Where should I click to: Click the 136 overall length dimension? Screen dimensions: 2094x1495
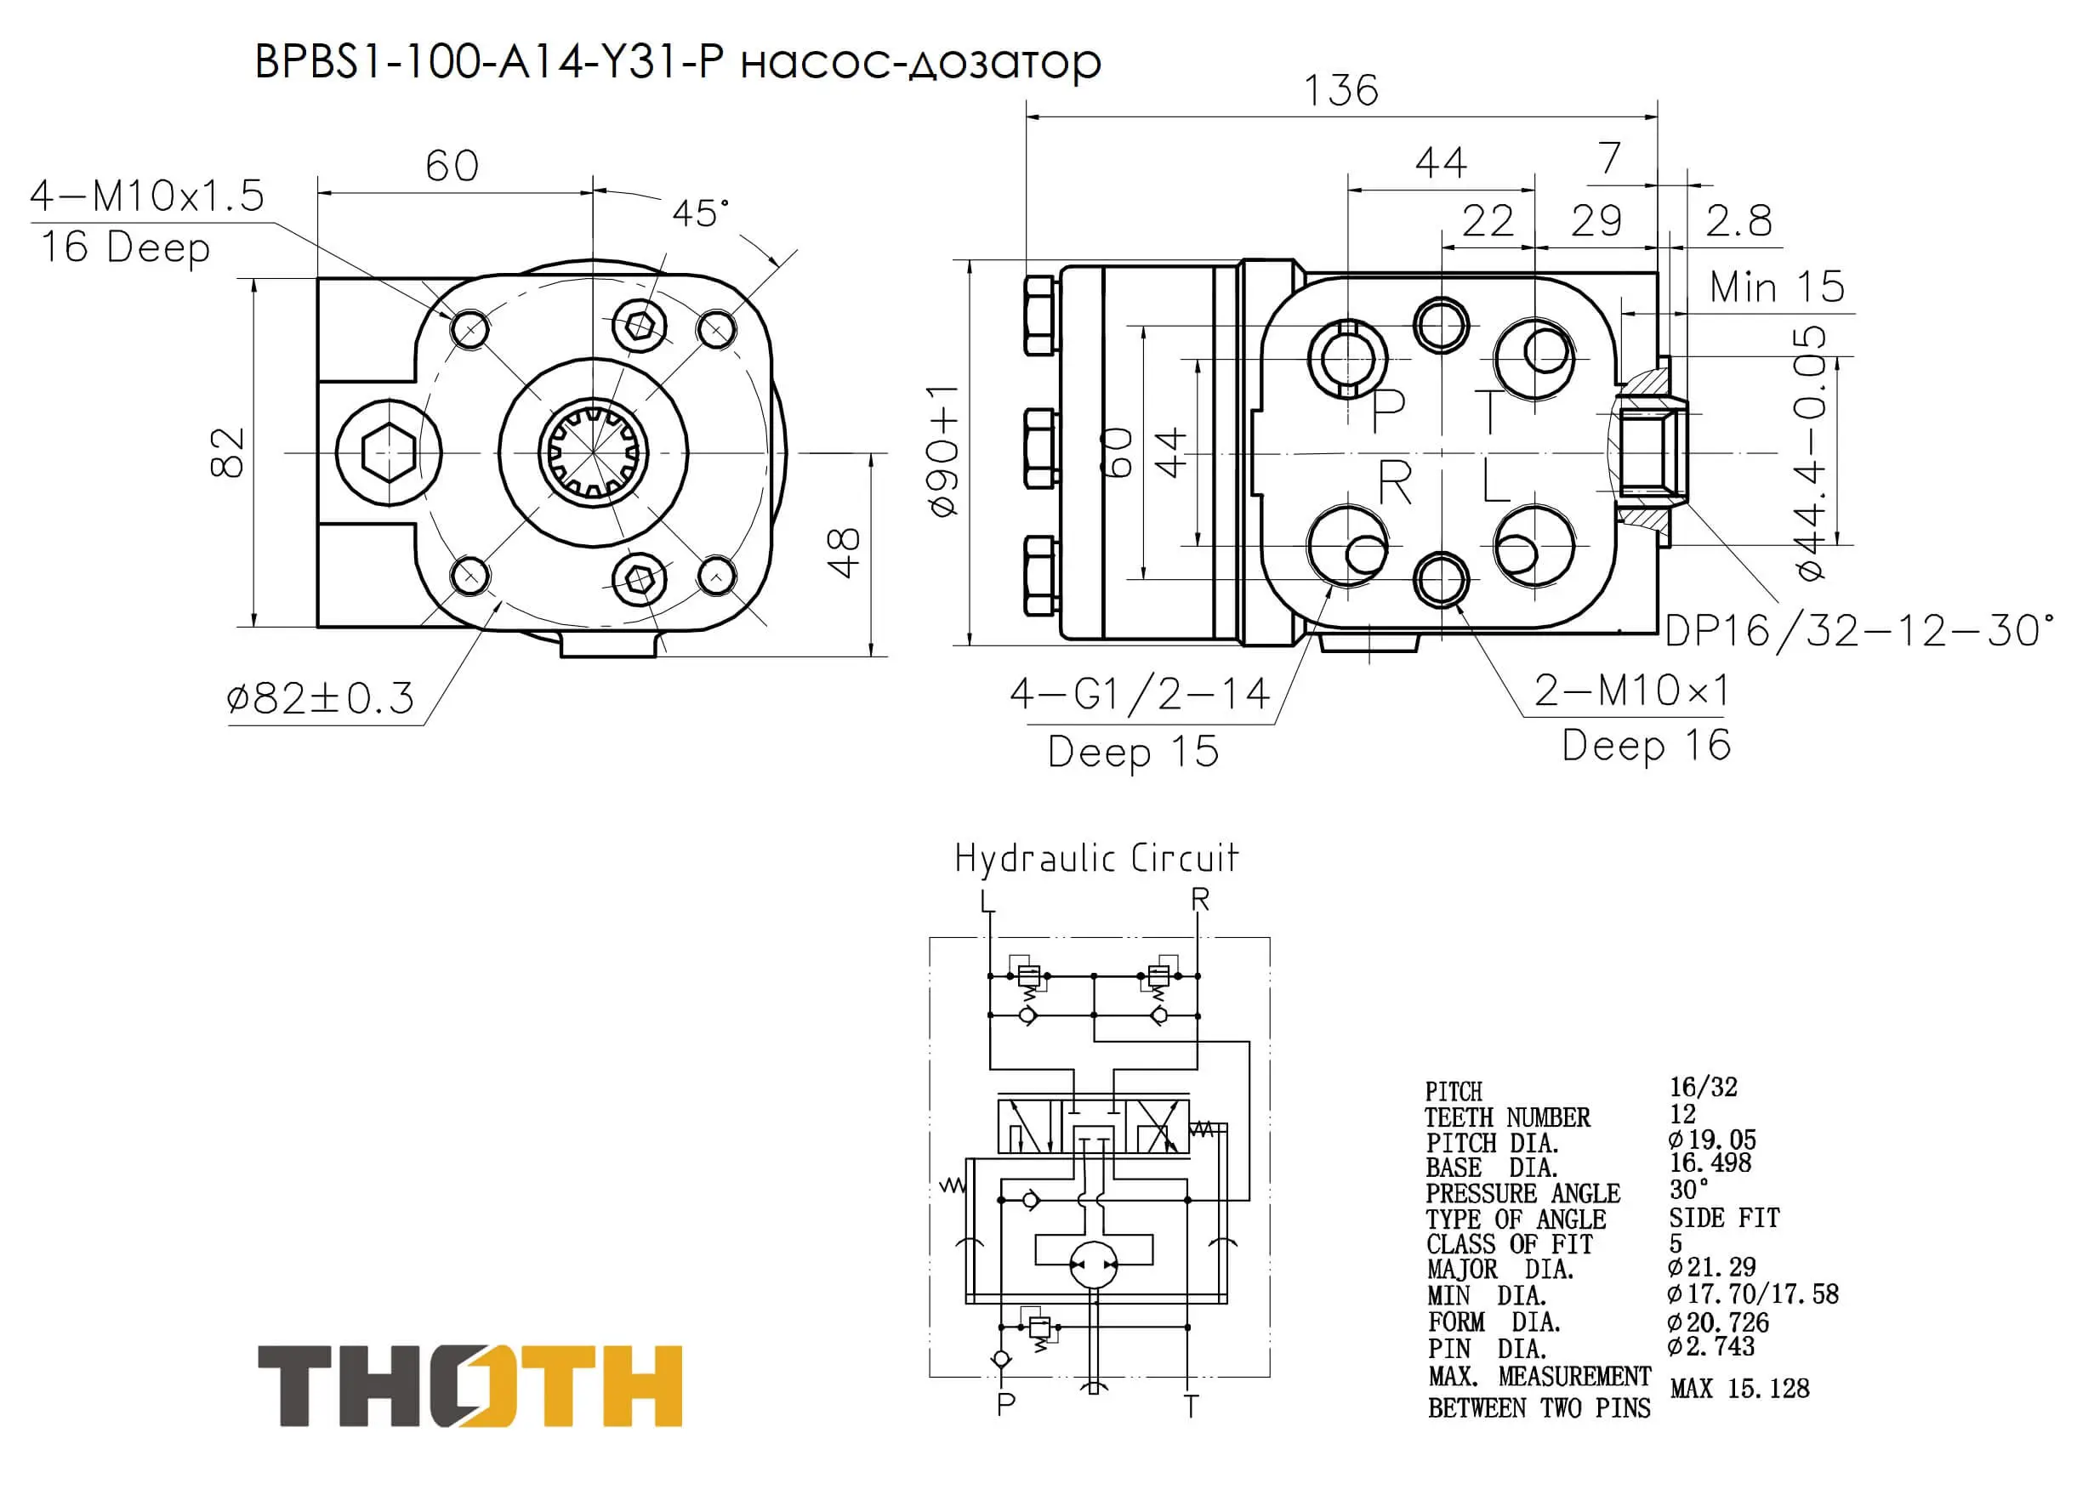tap(1340, 90)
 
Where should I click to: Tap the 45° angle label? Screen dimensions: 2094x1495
tap(701, 213)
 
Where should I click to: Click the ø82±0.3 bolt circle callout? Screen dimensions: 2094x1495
tap(321, 699)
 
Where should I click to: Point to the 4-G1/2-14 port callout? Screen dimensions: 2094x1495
tap(1140, 694)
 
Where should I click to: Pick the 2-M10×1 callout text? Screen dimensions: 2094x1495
tap(1631, 691)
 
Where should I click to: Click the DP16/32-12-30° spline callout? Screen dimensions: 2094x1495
tap(1859, 632)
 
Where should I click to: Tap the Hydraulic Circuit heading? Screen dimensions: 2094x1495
tap(1096, 858)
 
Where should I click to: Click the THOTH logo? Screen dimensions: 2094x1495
tap(470, 1385)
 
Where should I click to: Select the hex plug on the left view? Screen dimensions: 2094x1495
tap(389, 453)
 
